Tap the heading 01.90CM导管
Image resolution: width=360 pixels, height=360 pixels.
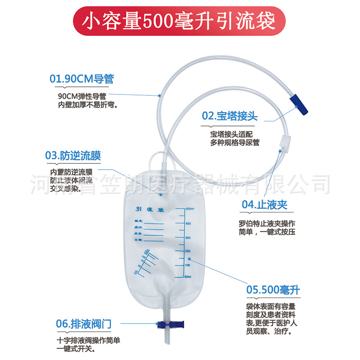coord(81,79)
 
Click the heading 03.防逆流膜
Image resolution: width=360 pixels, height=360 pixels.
coord(73,156)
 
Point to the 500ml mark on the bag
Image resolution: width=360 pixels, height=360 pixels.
coord(189,209)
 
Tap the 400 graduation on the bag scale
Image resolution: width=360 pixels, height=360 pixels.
coord(189,223)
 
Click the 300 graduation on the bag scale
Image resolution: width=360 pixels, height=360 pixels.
coord(189,238)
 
